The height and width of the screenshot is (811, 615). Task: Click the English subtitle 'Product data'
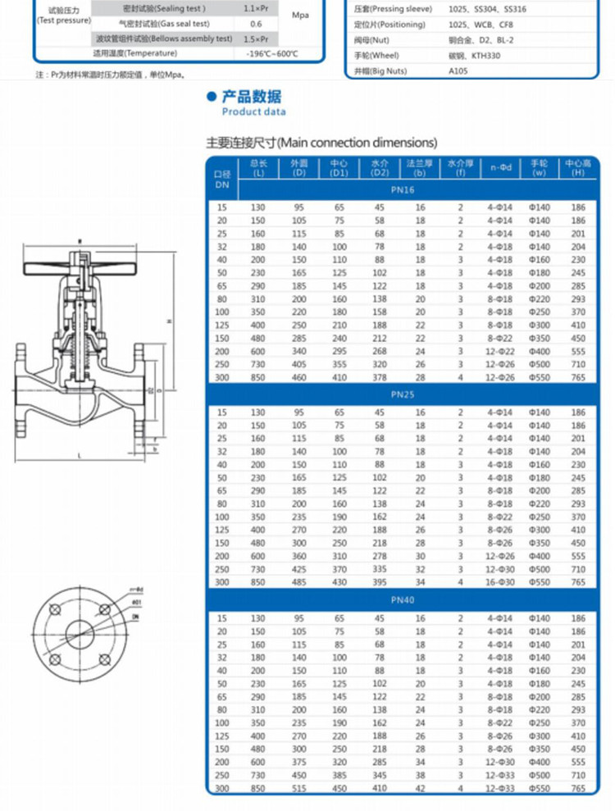click(x=253, y=112)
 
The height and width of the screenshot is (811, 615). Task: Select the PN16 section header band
click(x=402, y=190)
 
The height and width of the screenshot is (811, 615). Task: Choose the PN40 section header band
click(x=402, y=600)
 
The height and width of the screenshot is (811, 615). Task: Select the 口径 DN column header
click(x=221, y=179)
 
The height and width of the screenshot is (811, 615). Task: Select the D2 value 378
click(x=379, y=376)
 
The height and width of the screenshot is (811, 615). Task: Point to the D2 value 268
click(x=379, y=350)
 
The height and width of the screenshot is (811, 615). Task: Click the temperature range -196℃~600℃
click(x=271, y=53)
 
